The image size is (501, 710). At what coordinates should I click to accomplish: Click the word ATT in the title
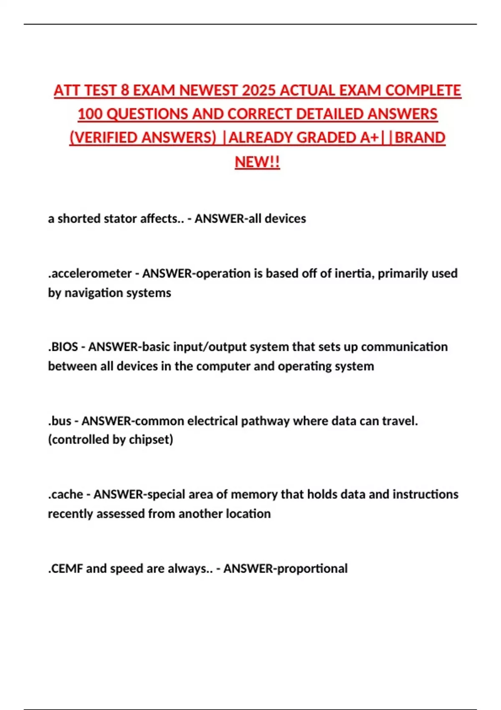tap(67, 91)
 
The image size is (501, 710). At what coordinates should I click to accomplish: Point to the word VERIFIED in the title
tap(108, 138)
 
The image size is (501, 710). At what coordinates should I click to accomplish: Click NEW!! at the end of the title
tap(257, 162)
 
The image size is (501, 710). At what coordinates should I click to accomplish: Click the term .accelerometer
tap(90, 273)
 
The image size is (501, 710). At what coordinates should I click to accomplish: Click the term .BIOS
tap(63, 347)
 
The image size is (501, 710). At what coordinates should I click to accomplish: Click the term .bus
tap(60, 421)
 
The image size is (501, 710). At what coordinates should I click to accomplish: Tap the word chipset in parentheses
tap(149, 440)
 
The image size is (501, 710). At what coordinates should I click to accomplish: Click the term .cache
tap(66, 494)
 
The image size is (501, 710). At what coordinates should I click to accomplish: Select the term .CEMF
tap(65, 568)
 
